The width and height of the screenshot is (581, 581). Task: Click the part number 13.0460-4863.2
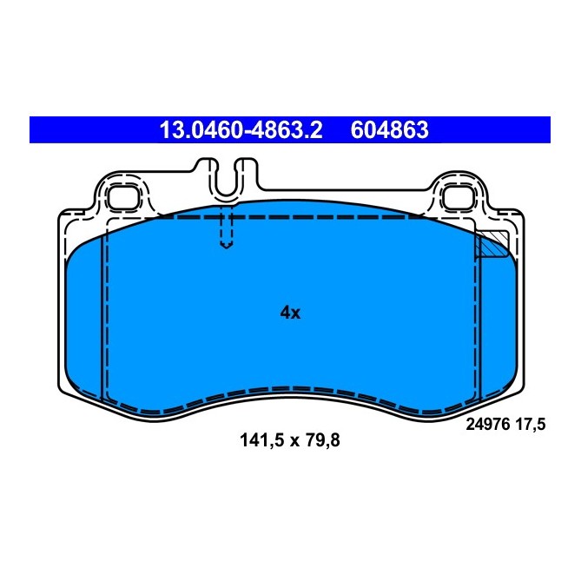tap(240, 130)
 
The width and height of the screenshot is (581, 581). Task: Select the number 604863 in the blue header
tap(389, 130)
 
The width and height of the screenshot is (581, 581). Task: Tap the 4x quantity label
tap(290, 313)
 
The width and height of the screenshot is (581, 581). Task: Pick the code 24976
tap(491, 425)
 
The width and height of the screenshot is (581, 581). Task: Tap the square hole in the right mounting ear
tap(455, 197)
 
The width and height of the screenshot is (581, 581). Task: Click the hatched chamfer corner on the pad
tap(490, 247)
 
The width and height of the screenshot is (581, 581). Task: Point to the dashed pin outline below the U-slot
tap(226, 230)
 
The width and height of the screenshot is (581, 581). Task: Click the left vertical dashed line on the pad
tap(104, 313)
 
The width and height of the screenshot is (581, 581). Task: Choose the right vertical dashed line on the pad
tap(476, 321)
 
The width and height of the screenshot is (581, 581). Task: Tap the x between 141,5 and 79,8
tap(295, 440)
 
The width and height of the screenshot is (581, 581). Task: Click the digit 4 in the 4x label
tap(285, 313)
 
